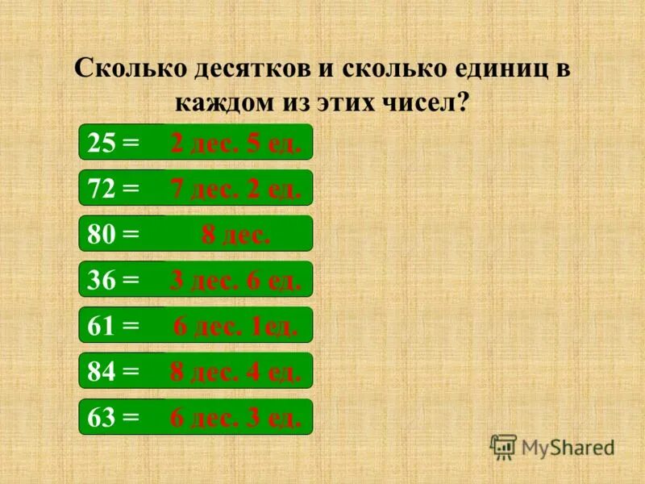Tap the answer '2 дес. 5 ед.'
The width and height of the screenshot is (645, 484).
click(235, 144)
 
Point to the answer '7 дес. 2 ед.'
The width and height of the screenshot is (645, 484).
click(235, 190)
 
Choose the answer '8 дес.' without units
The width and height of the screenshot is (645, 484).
click(235, 235)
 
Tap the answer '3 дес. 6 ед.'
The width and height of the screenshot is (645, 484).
click(235, 280)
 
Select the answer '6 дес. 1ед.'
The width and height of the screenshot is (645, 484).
click(235, 326)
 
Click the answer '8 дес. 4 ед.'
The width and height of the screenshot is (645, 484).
click(235, 372)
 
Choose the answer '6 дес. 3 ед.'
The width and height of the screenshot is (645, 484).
click(235, 417)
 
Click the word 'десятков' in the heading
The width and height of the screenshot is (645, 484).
click(252, 69)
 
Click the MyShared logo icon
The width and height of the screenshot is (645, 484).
click(503, 446)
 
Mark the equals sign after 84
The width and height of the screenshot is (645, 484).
click(130, 372)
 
